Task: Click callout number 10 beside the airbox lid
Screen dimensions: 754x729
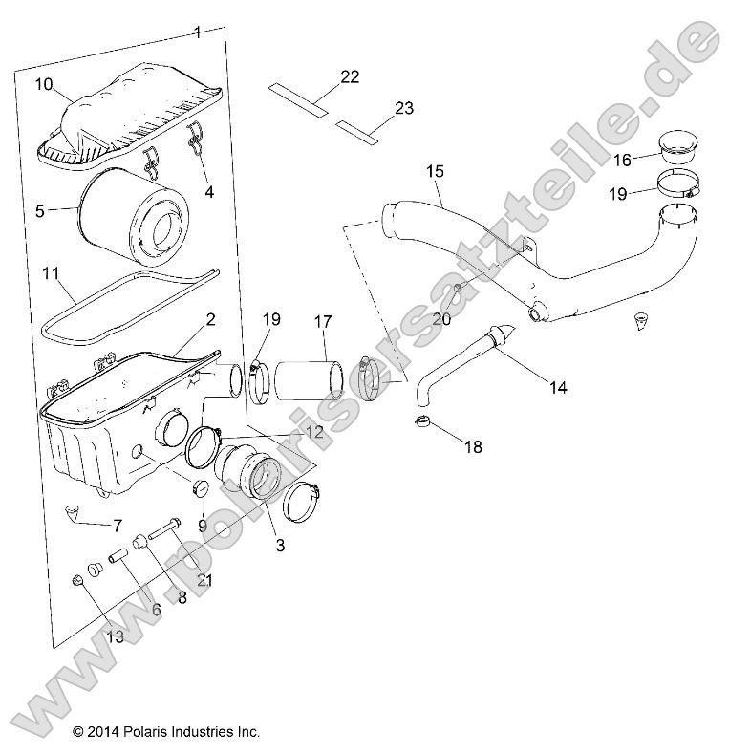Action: [44, 84]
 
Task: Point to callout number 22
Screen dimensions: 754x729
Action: [349, 77]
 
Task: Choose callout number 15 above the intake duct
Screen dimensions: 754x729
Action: [434, 171]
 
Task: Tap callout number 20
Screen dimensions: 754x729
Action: [441, 319]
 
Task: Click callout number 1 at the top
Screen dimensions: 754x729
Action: [198, 32]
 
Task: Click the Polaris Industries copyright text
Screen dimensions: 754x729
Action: [166, 732]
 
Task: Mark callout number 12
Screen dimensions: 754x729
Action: [314, 432]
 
